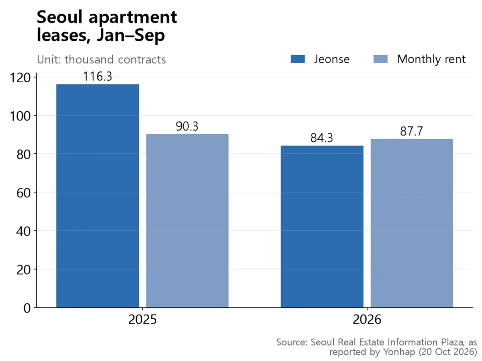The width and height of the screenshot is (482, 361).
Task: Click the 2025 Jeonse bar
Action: click(x=97, y=196)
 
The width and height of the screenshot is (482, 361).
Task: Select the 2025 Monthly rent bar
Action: click(x=187, y=221)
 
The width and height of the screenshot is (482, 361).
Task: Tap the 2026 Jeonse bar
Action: click(x=322, y=227)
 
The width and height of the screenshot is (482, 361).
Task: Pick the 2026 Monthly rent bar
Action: click(x=411, y=223)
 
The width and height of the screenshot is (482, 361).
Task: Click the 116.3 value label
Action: click(x=97, y=77)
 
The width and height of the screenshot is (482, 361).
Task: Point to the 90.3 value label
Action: click(x=187, y=126)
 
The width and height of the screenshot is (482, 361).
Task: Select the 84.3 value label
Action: click(x=322, y=138)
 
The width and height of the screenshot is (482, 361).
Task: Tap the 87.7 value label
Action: click(x=411, y=131)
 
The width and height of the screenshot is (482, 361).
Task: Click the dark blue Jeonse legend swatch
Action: click(x=298, y=59)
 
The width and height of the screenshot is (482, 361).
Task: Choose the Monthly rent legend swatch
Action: click(x=380, y=59)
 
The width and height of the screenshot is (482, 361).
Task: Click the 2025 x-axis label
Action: click(x=142, y=320)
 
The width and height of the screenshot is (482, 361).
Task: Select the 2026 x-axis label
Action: click(x=367, y=320)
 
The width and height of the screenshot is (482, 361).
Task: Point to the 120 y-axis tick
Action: click(x=20, y=78)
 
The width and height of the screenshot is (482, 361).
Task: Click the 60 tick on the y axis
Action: click(x=24, y=193)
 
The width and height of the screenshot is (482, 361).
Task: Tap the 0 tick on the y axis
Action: click(x=27, y=308)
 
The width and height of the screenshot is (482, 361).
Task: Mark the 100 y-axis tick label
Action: click(x=20, y=116)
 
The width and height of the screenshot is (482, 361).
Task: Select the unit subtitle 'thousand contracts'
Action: click(x=115, y=59)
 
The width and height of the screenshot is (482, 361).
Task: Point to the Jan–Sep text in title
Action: click(x=131, y=35)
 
